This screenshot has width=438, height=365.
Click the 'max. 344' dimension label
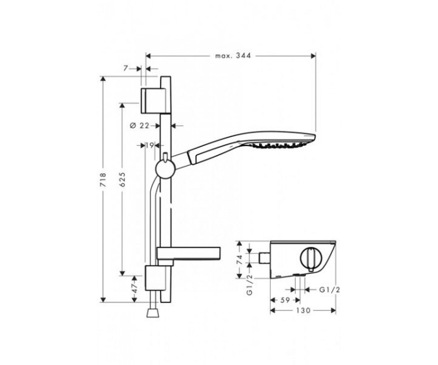(233, 56)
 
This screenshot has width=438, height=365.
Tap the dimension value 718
(103, 180)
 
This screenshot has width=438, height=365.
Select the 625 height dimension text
(122, 180)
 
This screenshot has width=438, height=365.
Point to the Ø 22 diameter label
(139, 126)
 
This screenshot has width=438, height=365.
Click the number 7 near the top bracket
(126, 68)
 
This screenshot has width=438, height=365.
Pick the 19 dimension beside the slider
(150, 145)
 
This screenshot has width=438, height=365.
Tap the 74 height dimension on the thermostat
(239, 260)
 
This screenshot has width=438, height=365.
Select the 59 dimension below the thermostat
(285, 300)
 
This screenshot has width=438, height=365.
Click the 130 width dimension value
(303, 311)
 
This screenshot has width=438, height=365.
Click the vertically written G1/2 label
(249, 285)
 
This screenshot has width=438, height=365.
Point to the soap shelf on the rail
(188, 253)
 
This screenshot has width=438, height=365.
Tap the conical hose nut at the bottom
(153, 313)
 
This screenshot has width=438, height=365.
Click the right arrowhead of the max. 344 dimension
(313, 56)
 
